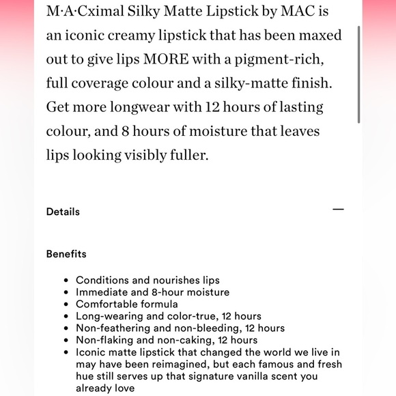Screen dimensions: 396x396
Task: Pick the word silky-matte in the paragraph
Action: pos(261,83)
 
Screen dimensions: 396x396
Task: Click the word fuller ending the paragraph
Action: pos(186,155)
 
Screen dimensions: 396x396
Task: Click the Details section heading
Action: pos(63,212)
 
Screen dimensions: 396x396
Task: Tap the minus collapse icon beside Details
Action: pos(338,210)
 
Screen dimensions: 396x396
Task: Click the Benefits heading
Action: pos(66,254)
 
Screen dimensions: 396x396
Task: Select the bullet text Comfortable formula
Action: pos(127,304)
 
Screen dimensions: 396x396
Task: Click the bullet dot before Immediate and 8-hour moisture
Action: pos(65,292)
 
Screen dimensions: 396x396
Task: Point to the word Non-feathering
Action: pos(109,328)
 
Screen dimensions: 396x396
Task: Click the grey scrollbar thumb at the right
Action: pos(359,61)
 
